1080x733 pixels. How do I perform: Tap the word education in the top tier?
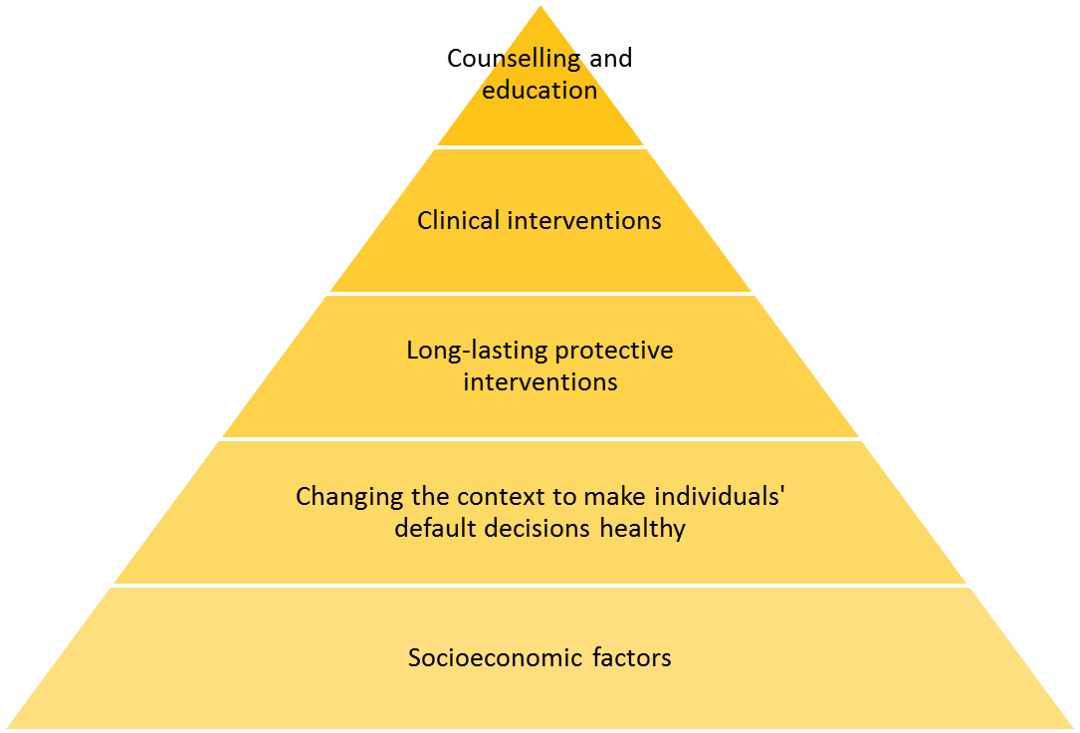coord(540,91)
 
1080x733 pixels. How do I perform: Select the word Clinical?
coord(458,220)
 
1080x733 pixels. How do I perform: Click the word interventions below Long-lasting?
coord(540,381)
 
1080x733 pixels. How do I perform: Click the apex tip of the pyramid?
coord(540,4)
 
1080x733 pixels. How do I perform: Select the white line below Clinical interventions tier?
coord(540,294)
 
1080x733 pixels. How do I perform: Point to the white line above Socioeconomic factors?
coord(540,586)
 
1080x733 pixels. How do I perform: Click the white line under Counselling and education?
coord(540,147)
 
